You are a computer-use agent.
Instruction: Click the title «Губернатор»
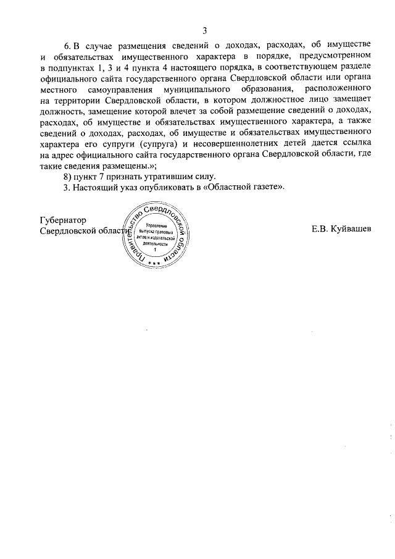point(62,220)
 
